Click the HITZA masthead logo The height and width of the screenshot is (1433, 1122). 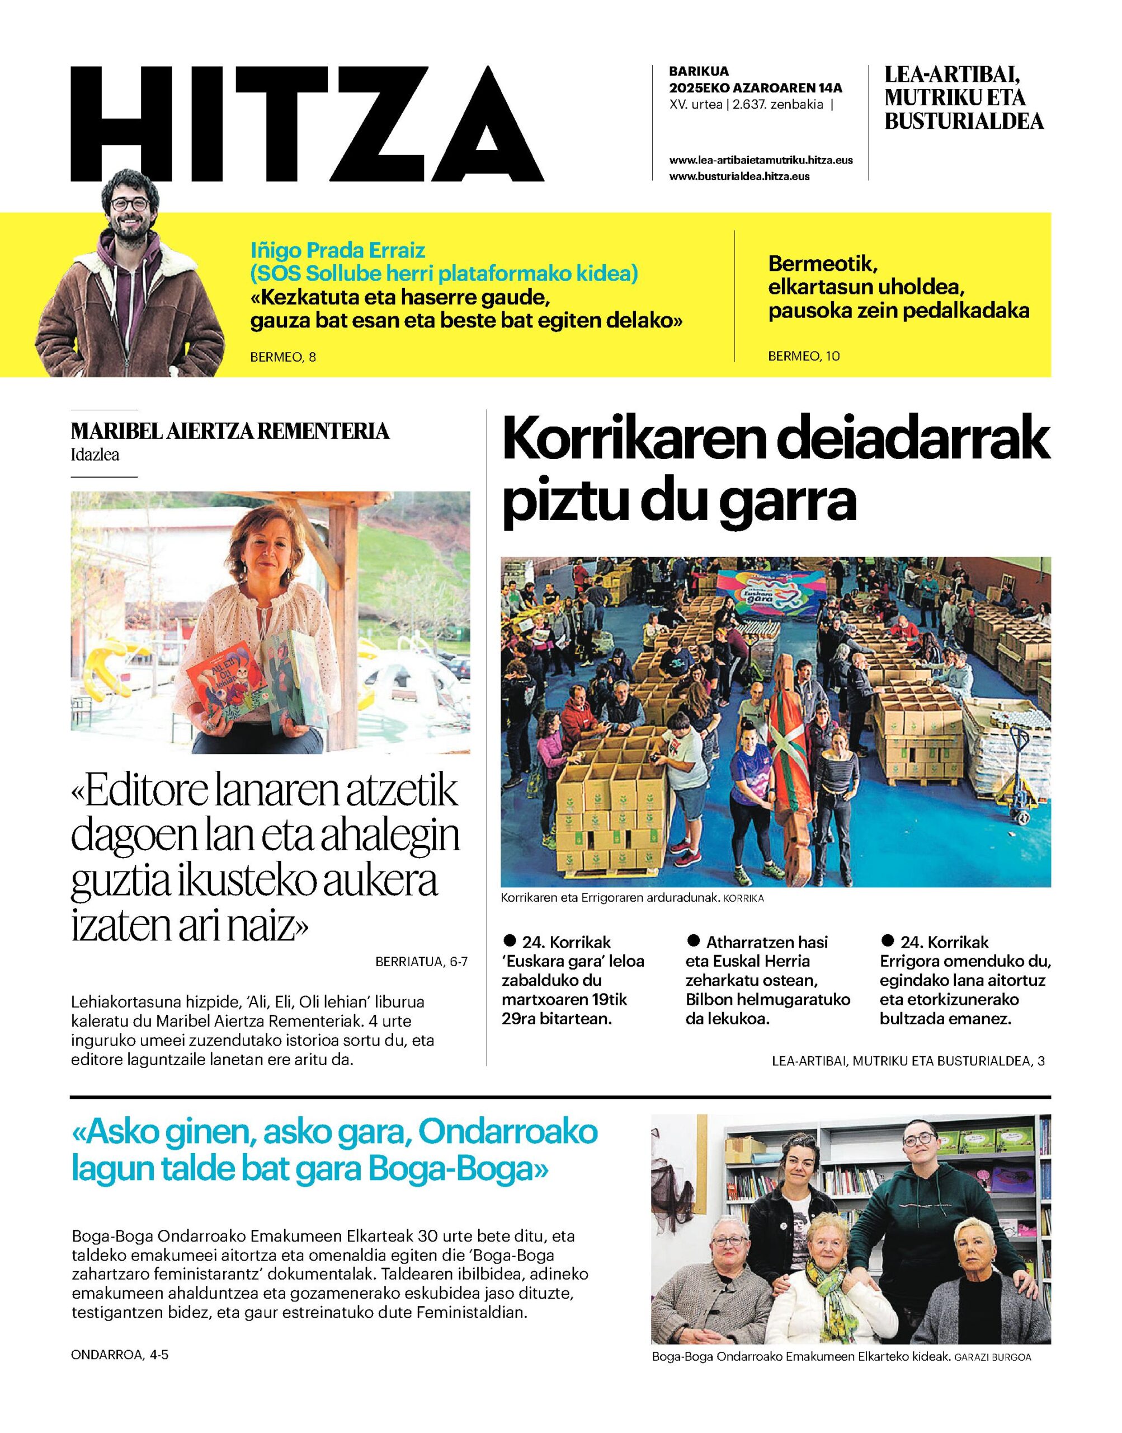click(307, 124)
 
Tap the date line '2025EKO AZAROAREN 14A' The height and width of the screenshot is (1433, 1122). click(756, 88)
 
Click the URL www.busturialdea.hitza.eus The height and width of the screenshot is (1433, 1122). click(739, 176)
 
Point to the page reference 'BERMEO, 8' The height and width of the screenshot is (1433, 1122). click(283, 358)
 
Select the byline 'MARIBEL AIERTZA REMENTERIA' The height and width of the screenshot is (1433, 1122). click(230, 432)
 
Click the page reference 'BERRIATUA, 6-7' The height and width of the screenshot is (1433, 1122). click(422, 962)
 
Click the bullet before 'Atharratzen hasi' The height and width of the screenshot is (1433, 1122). click(692, 940)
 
